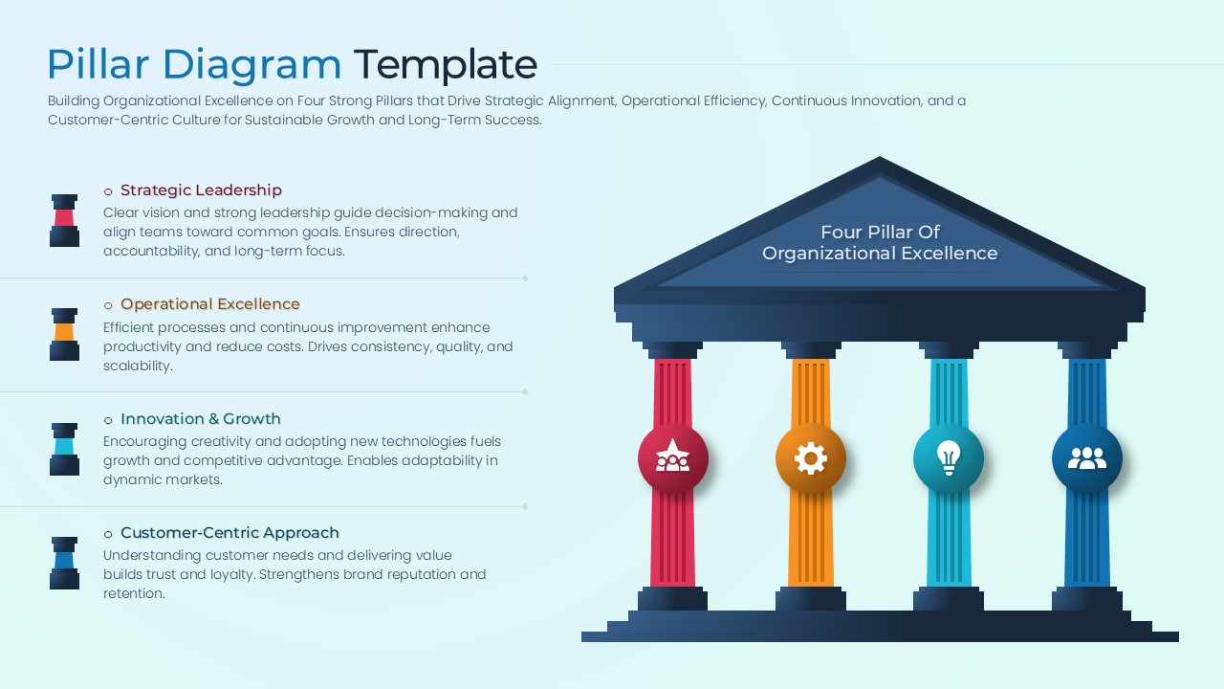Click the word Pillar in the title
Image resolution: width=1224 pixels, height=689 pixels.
pos(98,65)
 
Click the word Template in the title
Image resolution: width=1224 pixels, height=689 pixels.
pos(445,65)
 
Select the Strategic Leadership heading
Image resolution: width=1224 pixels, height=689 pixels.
pos(201,190)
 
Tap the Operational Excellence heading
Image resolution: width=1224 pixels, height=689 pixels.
pos(210,304)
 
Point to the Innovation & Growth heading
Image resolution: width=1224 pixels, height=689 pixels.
pos(201,419)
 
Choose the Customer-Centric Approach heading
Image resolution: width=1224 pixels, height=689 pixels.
pos(229,533)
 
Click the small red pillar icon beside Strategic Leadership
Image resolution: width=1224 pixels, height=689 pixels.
pos(64,220)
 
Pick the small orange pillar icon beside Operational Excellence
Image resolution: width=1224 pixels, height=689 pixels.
pos(64,334)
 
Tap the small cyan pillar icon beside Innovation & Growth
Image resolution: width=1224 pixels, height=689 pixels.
pos(64,449)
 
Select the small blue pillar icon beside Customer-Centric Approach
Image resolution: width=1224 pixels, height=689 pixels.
pos(64,563)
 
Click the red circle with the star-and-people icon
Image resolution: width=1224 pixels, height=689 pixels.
pos(673,459)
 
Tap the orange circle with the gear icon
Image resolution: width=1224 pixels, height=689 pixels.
pos(811,459)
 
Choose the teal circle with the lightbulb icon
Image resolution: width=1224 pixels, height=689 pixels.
pos(949,459)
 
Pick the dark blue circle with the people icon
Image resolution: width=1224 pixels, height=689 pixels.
pos(1086,459)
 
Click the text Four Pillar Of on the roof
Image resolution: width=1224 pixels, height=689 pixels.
pos(880,232)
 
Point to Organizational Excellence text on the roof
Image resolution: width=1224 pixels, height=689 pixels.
pos(880,254)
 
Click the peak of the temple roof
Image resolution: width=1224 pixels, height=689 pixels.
pos(880,163)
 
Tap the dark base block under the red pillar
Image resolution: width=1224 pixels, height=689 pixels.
pos(673,599)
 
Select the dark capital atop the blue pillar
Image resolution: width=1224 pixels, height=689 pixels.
pos(1086,350)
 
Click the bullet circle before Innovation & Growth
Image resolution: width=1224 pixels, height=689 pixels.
pos(108,420)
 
